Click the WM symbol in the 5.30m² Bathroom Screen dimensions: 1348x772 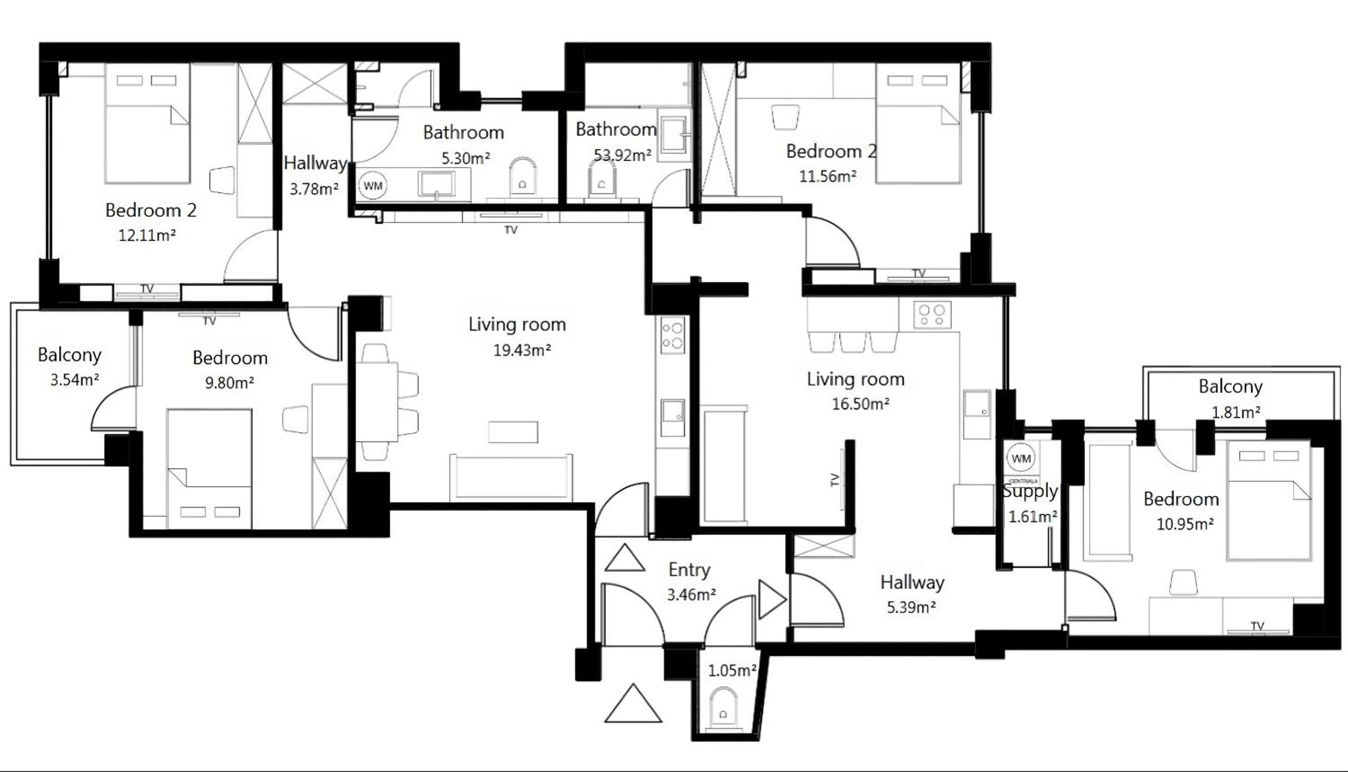click(373, 186)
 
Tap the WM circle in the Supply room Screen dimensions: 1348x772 click(1021, 459)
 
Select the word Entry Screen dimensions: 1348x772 click(689, 570)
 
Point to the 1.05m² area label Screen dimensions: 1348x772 click(732, 671)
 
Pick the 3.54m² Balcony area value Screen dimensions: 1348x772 click(75, 380)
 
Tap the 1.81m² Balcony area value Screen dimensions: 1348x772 click(1236, 412)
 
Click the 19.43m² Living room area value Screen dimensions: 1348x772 click(522, 350)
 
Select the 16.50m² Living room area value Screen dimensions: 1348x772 click(860, 404)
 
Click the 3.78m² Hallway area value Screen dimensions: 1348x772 click(314, 189)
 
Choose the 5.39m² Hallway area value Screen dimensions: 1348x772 click(911, 607)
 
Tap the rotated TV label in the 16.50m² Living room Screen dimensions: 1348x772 click(834, 480)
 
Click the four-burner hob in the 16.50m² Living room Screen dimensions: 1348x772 click(932, 315)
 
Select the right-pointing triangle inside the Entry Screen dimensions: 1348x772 click(772, 600)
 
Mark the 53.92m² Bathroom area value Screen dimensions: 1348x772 click(622, 156)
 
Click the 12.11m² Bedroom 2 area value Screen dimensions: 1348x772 click(147, 235)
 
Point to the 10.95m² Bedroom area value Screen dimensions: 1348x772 click(1185, 524)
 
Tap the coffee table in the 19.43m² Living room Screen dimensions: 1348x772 click(513, 432)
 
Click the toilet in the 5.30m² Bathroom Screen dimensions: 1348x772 click(522, 177)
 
